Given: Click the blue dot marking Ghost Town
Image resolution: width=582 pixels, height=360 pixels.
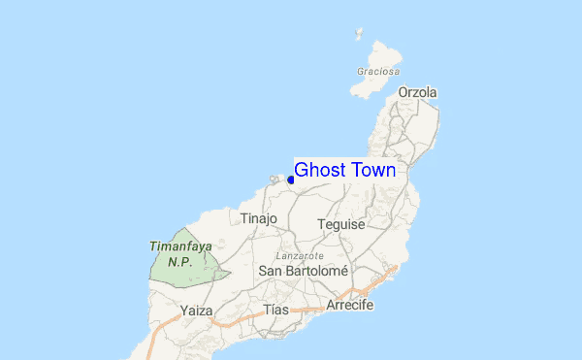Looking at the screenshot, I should click(291, 180).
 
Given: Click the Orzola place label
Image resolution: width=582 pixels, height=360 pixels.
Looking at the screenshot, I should click(417, 93).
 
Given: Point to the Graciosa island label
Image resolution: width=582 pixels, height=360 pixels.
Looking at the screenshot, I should click(377, 72).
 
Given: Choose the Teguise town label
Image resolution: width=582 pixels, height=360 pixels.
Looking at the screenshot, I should click(341, 224).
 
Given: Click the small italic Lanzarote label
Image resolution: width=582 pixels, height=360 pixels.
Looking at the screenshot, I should click(300, 255).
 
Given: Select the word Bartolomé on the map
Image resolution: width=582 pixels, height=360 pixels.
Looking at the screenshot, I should click(315, 271).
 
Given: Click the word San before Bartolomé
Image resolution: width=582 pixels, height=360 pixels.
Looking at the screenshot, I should click(270, 271).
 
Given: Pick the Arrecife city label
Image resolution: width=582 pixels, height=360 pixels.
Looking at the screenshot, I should click(350, 305).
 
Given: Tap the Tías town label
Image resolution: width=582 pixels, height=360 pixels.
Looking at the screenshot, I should click(276, 310).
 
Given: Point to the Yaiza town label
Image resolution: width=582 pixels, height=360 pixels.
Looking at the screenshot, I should click(197, 311).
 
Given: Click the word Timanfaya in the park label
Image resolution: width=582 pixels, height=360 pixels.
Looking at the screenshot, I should click(180, 246).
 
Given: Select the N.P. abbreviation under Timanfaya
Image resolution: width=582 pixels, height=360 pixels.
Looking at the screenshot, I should click(179, 261).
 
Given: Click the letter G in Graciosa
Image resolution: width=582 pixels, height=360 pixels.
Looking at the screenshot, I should click(360, 72).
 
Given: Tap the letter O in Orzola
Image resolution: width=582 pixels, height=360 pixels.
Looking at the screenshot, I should click(403, 93).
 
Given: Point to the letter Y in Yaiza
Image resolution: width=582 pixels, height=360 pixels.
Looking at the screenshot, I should click(184, 311).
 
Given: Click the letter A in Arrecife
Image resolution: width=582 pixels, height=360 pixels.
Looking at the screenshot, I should click(331, 305).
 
